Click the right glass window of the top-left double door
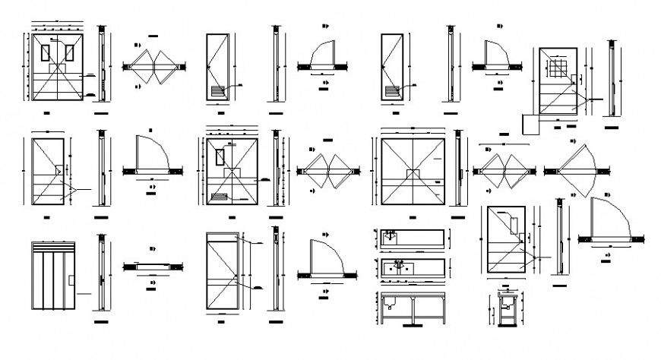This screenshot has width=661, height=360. [70, 53]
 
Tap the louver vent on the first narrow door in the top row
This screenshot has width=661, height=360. [217, 91]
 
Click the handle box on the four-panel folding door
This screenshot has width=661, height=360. [71, 280]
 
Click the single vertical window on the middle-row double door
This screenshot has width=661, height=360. [220, 157]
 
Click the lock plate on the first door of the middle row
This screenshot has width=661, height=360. [59, 171]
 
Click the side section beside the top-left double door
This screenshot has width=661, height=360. [100, 65]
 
